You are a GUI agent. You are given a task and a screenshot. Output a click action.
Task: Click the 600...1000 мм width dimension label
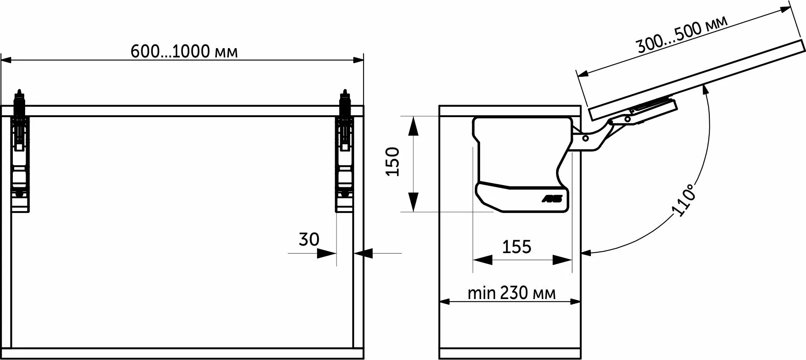pyautogui.click(x=184, y=52)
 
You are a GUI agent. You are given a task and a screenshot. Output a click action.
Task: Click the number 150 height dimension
pyautogui.click(x=392, y=162)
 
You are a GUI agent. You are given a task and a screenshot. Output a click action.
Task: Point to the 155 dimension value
pyautogui.click(x=517, y=246)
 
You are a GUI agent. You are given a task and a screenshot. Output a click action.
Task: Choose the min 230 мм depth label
pyautogui.click(x=511, y=292)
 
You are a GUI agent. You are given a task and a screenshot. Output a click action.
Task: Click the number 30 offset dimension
pyautogui.click(x=309, y=239)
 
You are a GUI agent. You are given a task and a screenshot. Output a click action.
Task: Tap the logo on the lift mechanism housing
pyautogui.click(x=552, y=199)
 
